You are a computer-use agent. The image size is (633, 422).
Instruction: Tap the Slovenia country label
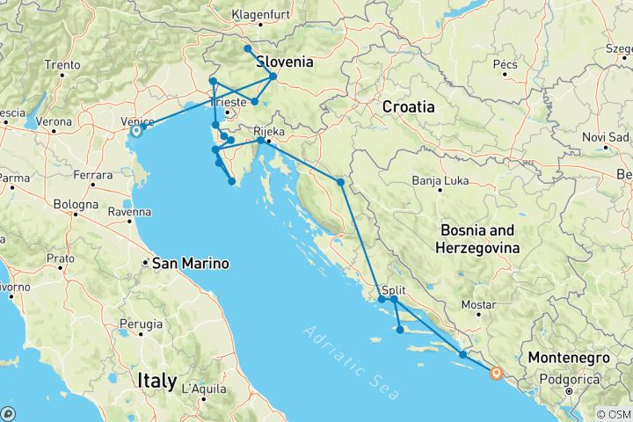[284, 62]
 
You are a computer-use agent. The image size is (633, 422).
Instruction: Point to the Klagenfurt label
[261, 15]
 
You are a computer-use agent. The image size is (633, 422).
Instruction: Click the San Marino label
[191, 263]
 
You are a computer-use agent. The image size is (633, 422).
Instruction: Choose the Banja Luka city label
[439, 182]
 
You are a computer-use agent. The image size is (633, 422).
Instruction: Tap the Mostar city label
[479, 304]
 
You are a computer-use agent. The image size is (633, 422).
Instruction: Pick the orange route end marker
[496, 373]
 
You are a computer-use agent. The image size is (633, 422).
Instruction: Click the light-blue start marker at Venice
[136, 131]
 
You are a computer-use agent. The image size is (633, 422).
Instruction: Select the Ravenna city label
[130, 212]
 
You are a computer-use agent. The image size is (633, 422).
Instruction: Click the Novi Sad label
[607, 137]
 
